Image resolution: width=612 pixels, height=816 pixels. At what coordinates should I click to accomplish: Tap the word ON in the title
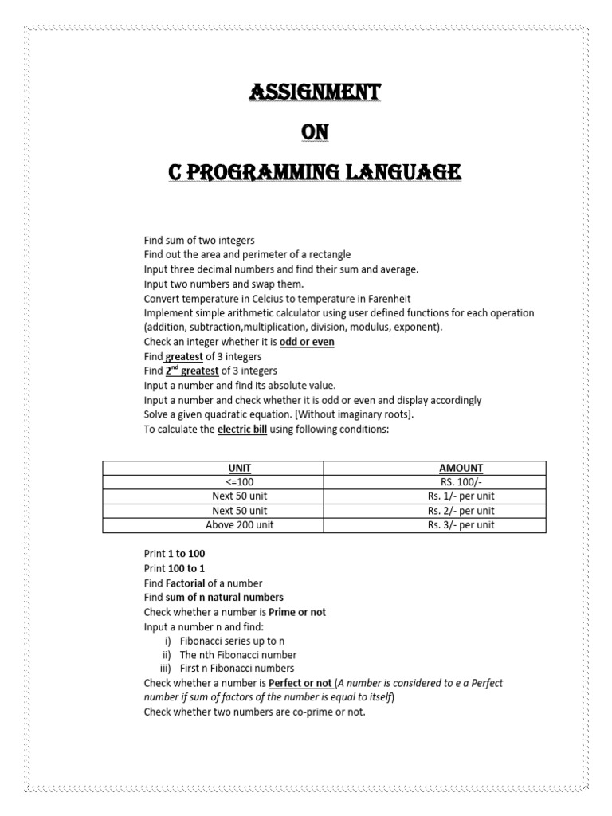[x=314, y=132]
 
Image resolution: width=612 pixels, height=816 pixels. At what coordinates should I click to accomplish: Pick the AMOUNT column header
[x=461, y=468]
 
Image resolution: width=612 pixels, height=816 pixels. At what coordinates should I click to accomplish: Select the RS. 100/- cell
[x=461, y=482]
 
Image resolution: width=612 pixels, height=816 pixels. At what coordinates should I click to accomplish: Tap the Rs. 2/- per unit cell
[x=461, y=511]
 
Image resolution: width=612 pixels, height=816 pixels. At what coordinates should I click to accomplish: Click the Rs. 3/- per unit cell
[x=461, y=525]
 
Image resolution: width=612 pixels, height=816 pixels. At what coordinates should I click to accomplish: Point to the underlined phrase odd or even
[x=307, y=342]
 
